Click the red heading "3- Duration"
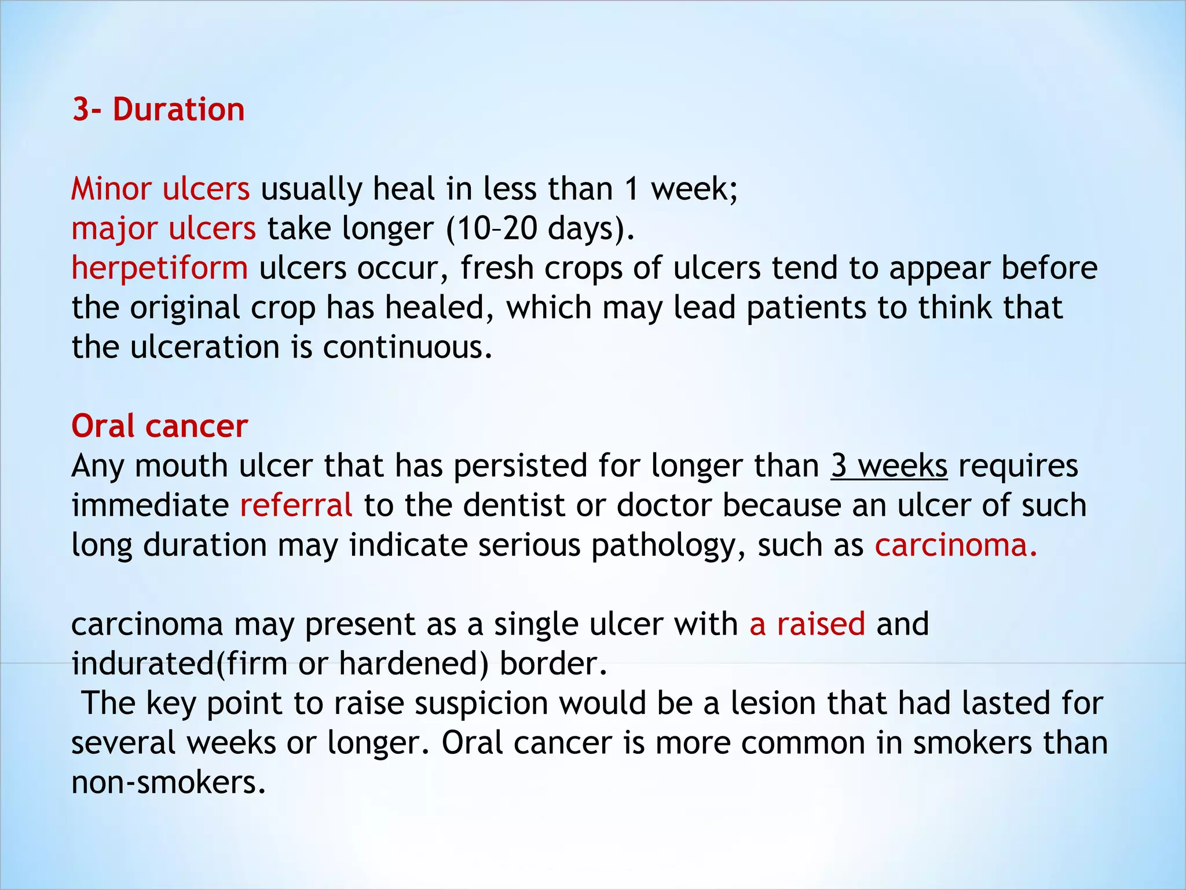tap(159, 110)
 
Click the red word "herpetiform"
tap(160, 268)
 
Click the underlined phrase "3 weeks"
tap(889, 466)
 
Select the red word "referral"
tap(296, 505)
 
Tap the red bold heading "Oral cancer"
tap(160, 426)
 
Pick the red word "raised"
tap(821, 624)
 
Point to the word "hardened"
tap(413, 664)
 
